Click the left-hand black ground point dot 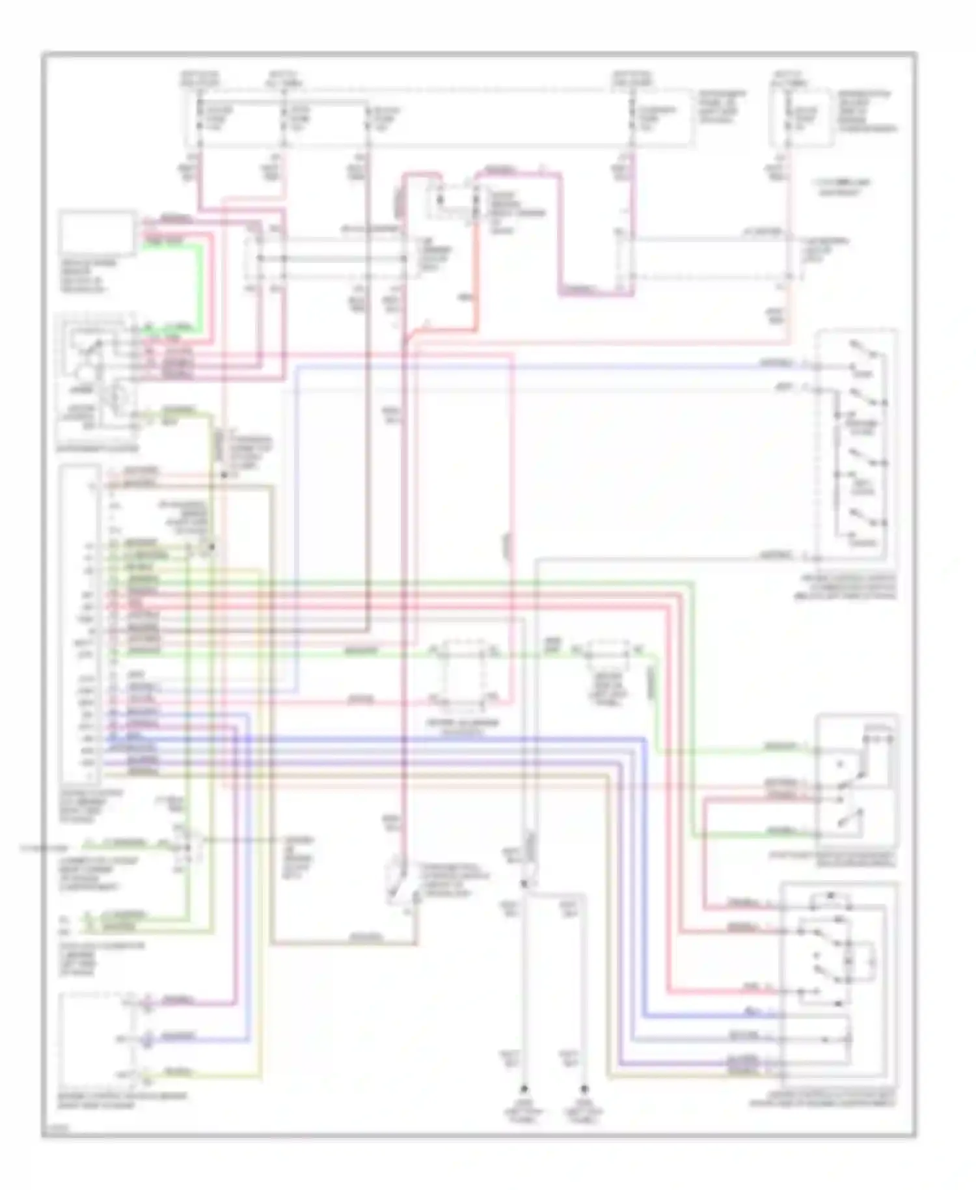(x=523, y=1089)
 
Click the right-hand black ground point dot (x=584, y=1089)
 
